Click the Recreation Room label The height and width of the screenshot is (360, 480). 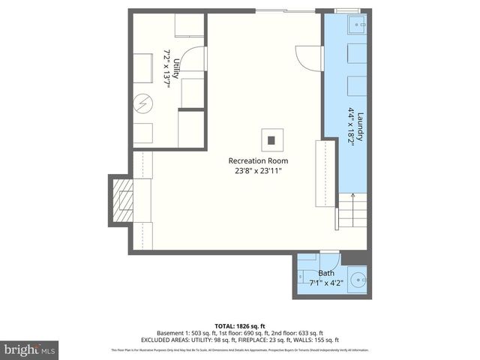point(258,160)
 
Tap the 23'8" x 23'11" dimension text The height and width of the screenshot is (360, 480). point(258,171)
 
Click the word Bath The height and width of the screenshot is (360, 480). point(326,273)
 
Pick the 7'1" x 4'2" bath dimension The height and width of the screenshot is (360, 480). point(326,283)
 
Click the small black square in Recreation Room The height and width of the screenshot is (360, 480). point(272,139)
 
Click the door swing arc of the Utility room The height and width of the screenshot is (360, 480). point(193,58)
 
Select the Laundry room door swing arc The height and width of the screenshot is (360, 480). point(309,58)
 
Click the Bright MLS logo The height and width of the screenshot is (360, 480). point(30,349)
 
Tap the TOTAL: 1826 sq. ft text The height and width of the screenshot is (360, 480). point(240,325)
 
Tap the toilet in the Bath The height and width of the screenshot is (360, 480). point(306,271)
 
